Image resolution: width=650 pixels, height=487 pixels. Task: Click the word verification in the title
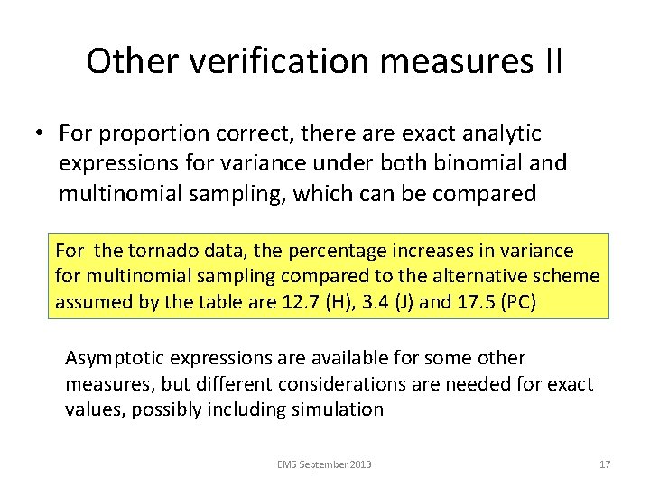246,61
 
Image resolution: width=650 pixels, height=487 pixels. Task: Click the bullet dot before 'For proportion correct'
42,134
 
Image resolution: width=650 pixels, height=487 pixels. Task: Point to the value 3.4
367,302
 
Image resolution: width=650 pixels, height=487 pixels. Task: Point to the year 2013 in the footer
360,464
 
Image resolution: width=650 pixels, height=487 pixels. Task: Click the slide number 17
605,464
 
